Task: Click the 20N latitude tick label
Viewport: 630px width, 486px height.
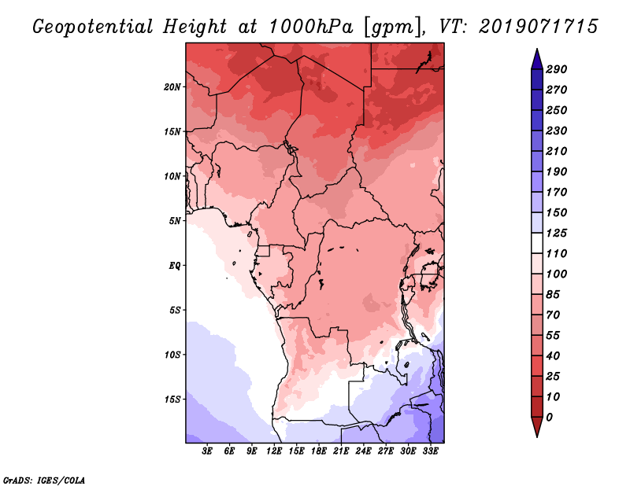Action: point(173,87)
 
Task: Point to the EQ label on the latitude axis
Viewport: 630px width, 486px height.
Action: point(175,265)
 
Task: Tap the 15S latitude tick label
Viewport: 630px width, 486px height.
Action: point(173,399)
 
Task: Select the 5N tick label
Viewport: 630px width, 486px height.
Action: point(175,220)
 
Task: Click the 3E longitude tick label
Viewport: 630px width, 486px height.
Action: point(208,451)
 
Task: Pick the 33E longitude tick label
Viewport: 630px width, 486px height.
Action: point(430,451)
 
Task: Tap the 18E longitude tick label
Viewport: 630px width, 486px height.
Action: point(319,451)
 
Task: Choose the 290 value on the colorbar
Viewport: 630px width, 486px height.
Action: point(556,69)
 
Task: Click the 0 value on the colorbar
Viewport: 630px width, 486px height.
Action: point(549,417)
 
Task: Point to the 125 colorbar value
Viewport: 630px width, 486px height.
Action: point(556,233)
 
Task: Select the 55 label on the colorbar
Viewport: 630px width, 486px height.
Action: point(554,335)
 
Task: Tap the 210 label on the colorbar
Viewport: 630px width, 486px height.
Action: point(556,151)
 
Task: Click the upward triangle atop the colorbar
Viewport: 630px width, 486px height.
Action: point(535,57)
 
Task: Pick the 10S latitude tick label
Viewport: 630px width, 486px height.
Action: point(173,354)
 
